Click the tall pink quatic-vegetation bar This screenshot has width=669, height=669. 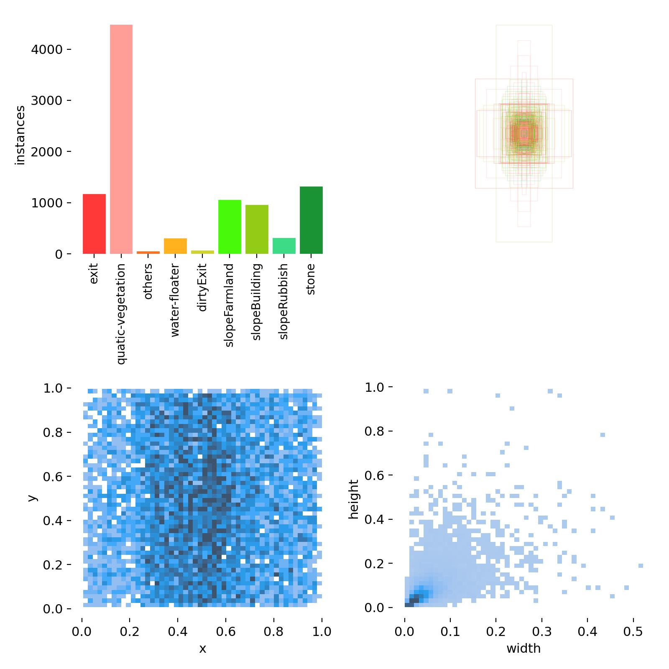[121, 139]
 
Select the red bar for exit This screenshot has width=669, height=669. [94, 224]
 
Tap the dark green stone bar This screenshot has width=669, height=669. [311, 220]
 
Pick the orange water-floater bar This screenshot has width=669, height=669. [175, 246]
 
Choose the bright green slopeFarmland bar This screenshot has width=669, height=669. [230, 227]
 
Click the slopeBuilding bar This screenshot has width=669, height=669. [257, 230]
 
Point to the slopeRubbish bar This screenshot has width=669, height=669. [284, 246]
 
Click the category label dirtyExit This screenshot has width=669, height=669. [202, 287]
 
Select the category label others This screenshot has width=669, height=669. [148, 281]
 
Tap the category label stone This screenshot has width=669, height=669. [311, 279]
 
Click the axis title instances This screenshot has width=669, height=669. [20, 135]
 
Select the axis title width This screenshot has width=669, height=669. [523, 649]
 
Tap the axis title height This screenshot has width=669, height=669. [354, 500]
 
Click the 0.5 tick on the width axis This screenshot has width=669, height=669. [633, 631]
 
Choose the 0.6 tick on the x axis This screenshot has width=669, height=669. [226, 631]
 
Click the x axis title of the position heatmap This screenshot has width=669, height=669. [202, 649]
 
